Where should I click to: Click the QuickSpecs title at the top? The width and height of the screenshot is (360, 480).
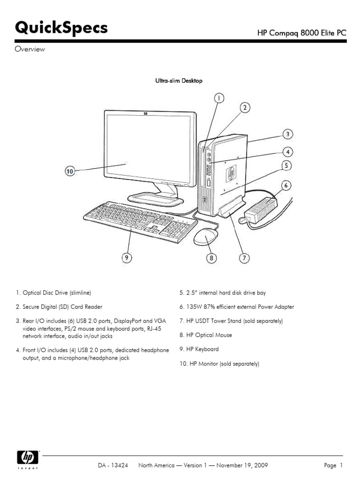pyautogui.click(x=61, y=28)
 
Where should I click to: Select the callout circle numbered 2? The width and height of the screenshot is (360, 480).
pyautogui.click(x=245, y=108)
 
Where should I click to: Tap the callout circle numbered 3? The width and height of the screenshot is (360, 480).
pyautogui.click(x=288, y=134)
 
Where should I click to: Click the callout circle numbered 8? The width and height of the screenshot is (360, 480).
pyautogui.click(x=211, y=258)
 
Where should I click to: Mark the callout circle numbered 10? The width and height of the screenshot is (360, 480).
pyautogui.click(x=69, y=172)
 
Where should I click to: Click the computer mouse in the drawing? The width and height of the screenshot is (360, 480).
pyautogui.click(x=206, y=237)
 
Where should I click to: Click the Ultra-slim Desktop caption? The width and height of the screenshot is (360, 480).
pyautogui.click(x=179, y=81)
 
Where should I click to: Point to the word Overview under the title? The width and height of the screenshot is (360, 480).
pyautogui.click(x=30, y=49)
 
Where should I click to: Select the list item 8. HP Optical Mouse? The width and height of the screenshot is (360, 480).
pyautogui.click(x=205, y=335)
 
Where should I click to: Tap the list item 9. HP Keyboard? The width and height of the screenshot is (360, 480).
pyautogui.click(x=199, y=349)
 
